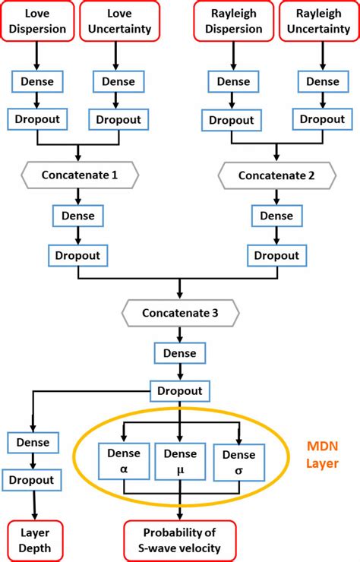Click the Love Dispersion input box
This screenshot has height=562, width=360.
(x=37, y=21)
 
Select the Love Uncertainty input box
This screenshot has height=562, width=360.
(x=119, y=21)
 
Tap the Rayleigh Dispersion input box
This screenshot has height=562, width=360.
(x=234, y=21)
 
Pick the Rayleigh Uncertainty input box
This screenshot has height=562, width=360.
(x=319, y=21)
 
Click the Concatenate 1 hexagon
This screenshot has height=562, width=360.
(x=80, y=175)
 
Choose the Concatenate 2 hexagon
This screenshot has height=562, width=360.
(x=276, y=175)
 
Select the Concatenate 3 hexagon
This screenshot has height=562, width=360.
(x=180, y=313)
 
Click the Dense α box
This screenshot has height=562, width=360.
(x=124, y=461)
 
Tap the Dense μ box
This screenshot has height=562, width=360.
(x=180, y=461)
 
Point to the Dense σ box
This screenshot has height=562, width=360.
(x=239, y=463)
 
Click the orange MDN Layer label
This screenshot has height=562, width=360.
(x=322, y=455)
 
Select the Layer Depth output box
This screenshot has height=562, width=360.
(x=35, y=541)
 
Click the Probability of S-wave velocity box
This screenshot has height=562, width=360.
(x=180, y=541)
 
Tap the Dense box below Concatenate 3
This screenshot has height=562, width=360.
(x=180, y=353)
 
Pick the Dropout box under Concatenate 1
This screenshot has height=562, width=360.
(x=78, y=255)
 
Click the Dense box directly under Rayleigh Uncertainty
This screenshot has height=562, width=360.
(x=323, y=82)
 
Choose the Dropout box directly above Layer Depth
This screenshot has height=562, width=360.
(x=32, y=480)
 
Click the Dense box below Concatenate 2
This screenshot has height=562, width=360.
(x=276, y=216)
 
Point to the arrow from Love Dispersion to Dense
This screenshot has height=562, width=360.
(x=36, y=56)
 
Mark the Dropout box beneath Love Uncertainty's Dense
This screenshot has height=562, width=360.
(x=118, y=119)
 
